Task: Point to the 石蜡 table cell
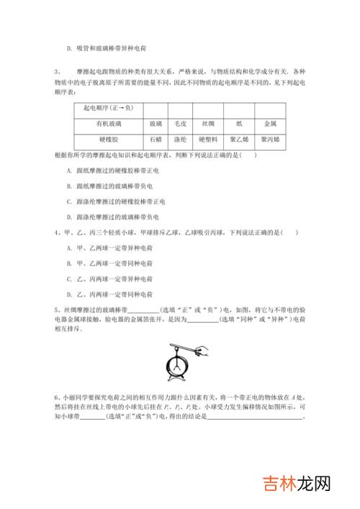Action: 156,139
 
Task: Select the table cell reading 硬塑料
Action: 208,139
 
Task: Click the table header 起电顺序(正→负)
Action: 108,109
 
